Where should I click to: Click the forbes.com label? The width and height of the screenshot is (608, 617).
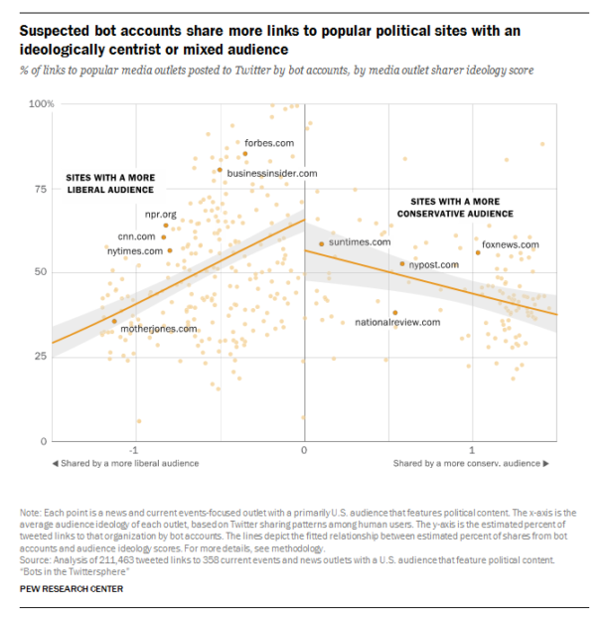269,143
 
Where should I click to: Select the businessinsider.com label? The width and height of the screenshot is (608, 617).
272,173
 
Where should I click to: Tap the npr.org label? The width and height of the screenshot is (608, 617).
159,214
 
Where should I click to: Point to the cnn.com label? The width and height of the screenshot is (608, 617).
137,236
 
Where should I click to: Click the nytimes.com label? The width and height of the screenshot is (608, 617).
134,251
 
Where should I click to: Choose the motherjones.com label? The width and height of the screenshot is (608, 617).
159,328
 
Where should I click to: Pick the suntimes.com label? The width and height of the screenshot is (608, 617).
360,242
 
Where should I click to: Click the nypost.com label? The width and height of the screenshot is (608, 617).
434,265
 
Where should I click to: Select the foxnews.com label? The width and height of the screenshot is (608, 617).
511,244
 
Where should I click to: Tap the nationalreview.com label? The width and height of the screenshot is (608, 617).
395,322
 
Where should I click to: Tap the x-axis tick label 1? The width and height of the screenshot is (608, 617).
472,451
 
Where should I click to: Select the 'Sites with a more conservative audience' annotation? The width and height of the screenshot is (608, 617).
455,207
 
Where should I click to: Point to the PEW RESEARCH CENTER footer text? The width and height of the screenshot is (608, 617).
72,588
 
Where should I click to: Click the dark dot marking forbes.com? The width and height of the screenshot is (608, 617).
245,153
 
